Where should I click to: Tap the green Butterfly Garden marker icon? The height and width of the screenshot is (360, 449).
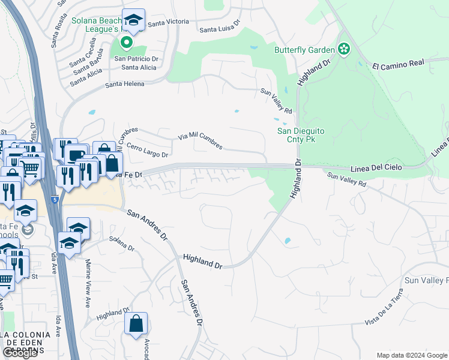pos(344,49)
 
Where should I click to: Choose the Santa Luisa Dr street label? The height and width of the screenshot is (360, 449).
pos(220,26)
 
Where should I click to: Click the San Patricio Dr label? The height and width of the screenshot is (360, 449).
pos(136,59)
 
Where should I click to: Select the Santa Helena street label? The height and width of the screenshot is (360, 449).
pos(125,84)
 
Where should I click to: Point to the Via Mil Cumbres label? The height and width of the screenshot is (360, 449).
pos(200,142)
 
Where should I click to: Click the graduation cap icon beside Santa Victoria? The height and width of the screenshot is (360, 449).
pos(133,19)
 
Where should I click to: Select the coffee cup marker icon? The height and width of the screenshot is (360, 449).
pos(76,155)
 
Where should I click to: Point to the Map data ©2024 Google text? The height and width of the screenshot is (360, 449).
pos(412,355)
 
